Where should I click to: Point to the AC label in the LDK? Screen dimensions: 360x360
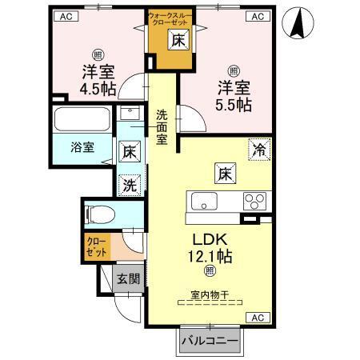258,317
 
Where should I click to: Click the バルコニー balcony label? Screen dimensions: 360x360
209,341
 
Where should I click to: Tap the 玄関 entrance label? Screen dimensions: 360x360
127,279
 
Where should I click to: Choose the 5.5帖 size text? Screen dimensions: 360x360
233,104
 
